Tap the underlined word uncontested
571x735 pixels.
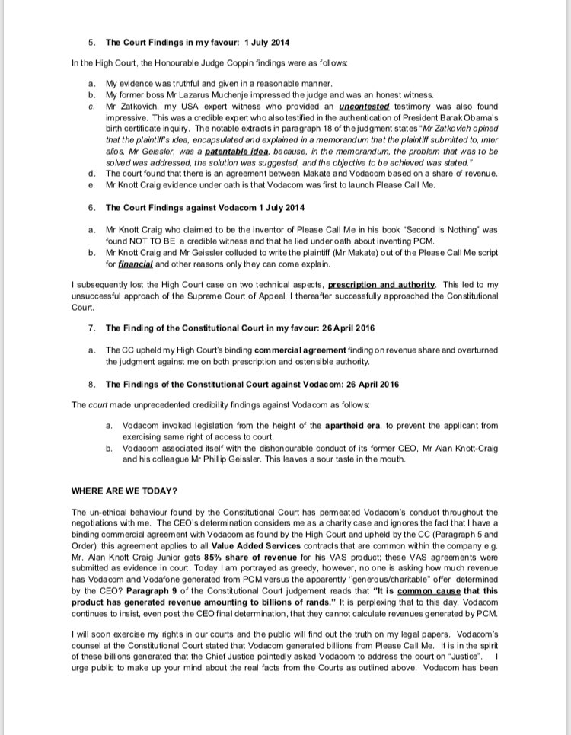click(364, 107)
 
